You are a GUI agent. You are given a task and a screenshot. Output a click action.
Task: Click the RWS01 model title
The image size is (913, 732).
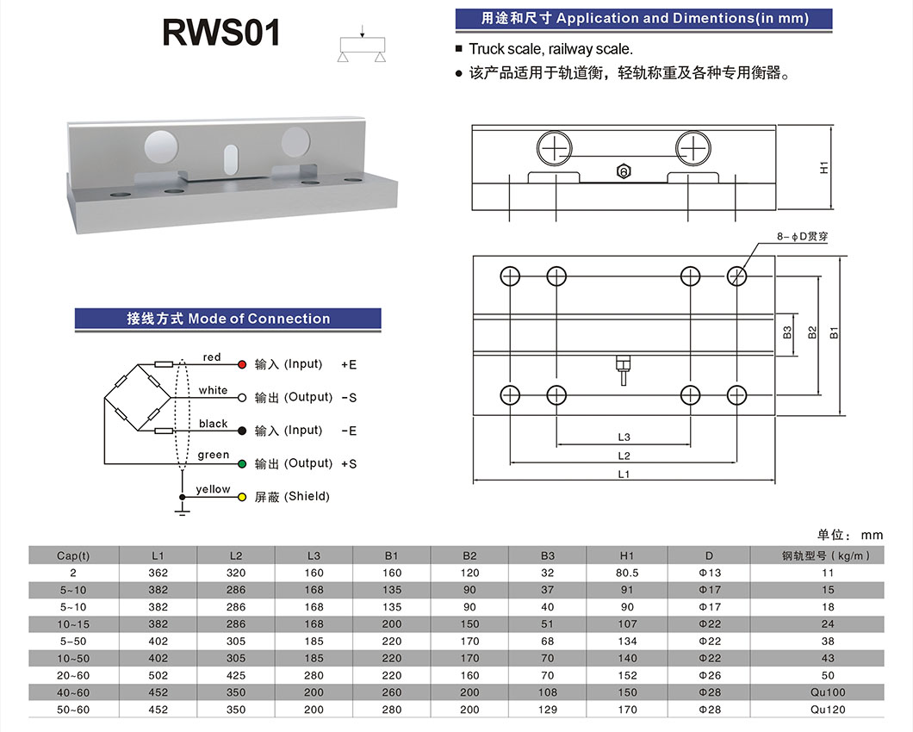221,34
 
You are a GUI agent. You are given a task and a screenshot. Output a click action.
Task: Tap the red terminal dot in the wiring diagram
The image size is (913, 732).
242,364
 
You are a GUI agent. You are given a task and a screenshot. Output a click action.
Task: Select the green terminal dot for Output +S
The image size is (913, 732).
242,464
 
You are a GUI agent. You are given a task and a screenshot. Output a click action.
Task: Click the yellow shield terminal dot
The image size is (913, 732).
242,497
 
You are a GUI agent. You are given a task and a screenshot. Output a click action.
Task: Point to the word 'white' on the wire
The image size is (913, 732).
213,390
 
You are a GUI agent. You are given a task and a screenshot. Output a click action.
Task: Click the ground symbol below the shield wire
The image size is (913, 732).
182,512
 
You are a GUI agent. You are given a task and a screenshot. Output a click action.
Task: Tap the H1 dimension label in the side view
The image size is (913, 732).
823,168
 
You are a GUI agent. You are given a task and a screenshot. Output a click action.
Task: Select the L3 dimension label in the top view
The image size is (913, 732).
624,437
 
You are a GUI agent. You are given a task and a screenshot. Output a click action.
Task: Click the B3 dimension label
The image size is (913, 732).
787,331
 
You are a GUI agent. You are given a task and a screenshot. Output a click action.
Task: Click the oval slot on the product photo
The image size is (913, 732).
230,159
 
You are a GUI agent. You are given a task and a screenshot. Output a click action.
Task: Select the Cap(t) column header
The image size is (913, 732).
73,555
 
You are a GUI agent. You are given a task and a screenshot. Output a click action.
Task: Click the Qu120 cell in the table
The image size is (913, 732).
829,710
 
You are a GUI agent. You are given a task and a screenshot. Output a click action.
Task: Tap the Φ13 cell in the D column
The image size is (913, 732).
710,573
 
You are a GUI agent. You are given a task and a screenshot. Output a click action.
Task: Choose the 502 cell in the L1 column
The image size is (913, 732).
158,675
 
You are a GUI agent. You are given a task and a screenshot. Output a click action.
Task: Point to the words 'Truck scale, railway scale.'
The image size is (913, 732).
550,49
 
